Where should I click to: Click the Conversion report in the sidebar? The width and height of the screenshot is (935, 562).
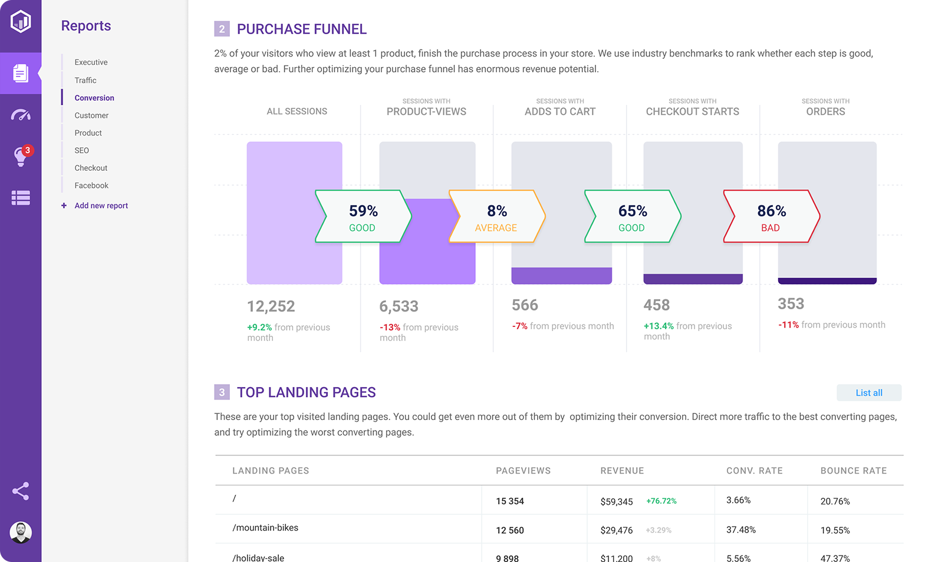pos(94,98)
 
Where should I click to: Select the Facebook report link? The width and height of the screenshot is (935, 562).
pos(91,186)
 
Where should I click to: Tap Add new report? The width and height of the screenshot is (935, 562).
pos(101,206)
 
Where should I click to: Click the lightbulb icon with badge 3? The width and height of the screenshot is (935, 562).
pos(21,157)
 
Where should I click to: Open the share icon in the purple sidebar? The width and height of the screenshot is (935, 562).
pos(21,491)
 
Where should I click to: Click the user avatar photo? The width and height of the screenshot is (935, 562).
pos(21,533)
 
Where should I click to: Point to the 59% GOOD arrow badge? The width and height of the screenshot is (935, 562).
pos(363,217)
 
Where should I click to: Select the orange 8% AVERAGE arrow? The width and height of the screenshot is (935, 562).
pos(496,217)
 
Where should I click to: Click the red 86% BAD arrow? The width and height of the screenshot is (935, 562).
pos(771,217)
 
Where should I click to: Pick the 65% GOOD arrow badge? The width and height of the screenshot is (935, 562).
pos(633,217)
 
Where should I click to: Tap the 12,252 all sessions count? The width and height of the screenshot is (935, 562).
pos(271,306)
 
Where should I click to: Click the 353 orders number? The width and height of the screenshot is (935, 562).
pos(791,304)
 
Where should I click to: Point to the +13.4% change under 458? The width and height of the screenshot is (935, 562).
pos(659,326)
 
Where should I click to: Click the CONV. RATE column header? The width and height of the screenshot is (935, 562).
pos(754,471)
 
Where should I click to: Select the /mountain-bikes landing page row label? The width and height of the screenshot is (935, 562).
pos(265,528)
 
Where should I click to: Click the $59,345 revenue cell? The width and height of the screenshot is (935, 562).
pos(617,501)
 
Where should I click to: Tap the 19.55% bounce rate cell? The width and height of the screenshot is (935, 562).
pos(835,530)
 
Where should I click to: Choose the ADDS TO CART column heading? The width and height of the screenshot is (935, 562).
pos(560,111)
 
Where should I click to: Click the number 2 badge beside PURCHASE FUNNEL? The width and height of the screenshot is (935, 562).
pos(222,29)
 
